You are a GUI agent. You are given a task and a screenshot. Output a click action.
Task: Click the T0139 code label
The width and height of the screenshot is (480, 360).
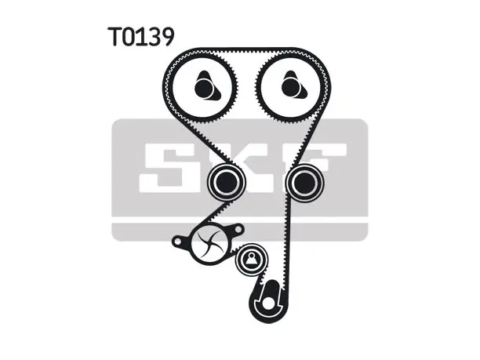pyautogui.click(x=141, y=36)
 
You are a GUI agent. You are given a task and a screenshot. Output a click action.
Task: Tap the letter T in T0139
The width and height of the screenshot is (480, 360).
pyautogui.click(x=115, y=36)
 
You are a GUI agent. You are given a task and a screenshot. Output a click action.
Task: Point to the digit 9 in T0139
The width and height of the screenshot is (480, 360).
pyautogui.click(x=167, y=37)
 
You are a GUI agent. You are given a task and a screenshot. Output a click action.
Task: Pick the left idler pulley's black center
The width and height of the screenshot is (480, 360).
pyautogui.click(x=227, y=183)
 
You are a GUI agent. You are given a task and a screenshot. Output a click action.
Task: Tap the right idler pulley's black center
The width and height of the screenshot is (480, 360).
pyautogui.click(x=305, y=183)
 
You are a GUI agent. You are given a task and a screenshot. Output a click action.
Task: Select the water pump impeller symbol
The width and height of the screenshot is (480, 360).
pyautogui.click(x=209, y=244)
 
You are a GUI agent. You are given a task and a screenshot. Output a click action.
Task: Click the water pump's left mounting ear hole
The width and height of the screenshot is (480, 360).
pyautogui.click(x=177, y=242)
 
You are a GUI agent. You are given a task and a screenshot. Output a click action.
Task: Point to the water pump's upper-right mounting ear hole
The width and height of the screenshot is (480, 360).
pyautogui.click(x=238, y=229)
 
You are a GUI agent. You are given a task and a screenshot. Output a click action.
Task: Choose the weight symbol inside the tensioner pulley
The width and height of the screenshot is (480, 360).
pyautogui.click(x=251, y=260)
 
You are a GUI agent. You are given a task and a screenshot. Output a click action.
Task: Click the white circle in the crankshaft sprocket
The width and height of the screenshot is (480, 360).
pyautogui.click(x=268, y=303)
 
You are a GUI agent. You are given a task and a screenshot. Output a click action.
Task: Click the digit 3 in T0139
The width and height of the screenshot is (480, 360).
pyautogui.click(x=152, y=37)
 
